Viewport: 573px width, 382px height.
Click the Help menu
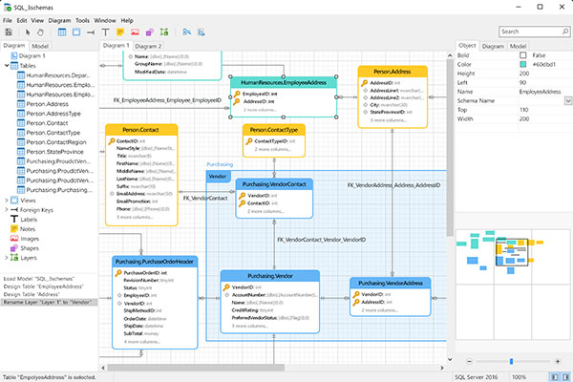[127, 19]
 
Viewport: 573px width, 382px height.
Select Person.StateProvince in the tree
[59, 151]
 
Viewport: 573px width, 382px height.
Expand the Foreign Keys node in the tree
[8, 209]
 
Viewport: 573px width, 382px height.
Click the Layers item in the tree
[30, 257]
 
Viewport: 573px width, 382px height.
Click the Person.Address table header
[391, 71]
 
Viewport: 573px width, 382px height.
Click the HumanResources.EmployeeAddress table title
[284, 83]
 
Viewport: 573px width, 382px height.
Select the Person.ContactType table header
[274, 129]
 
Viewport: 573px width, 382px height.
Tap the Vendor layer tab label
[218, 177]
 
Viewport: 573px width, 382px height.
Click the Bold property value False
[540, 55]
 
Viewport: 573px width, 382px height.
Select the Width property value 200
[540, 118]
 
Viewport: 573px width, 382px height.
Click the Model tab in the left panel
[40, 45]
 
